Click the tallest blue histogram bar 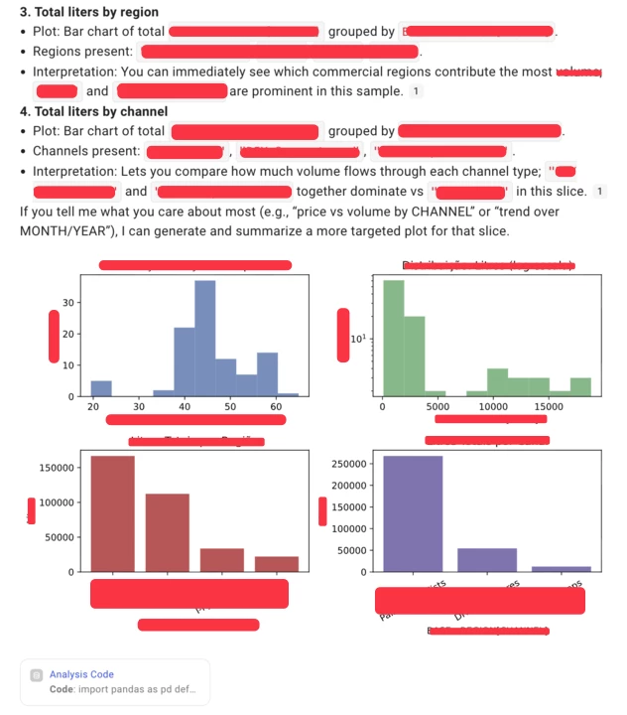pos(205,338)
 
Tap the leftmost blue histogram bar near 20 pos(101,388)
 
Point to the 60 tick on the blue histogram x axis pos(275,407)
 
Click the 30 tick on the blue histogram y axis pos(67,301)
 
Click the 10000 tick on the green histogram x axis pos(493,407)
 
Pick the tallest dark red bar pos(113,513)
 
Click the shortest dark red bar pos(277,564)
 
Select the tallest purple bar pos(413,513)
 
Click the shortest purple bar pos(562,569)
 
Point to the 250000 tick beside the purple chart pos(352,464)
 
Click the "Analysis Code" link pos(81,674)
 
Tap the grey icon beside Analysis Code pos(36,675)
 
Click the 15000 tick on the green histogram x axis pos(548,407)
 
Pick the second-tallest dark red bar pos(168,532)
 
